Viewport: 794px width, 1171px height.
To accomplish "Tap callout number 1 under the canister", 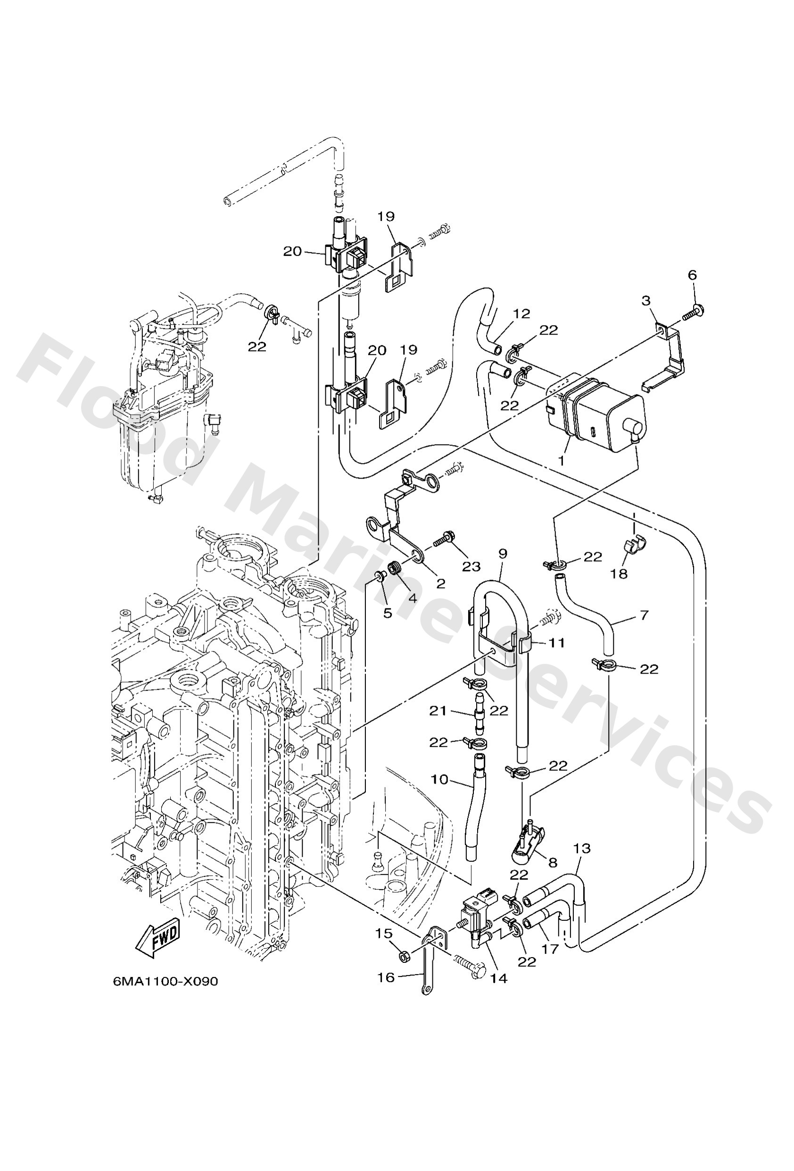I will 562,461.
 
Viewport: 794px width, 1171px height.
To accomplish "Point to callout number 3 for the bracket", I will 646,301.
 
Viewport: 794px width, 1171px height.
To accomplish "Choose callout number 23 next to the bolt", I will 471,566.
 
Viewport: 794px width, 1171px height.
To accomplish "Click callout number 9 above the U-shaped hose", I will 503,553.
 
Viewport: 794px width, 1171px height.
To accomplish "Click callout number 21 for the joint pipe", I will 438,711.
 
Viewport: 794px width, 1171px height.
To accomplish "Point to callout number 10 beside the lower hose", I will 439,780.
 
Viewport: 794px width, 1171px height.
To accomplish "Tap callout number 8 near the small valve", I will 553,862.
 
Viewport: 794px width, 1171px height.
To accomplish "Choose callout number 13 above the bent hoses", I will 582,849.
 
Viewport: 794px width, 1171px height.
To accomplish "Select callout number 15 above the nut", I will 384,934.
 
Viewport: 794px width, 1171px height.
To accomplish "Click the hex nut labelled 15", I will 403,955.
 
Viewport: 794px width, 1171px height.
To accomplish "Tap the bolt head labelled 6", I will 699,308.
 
